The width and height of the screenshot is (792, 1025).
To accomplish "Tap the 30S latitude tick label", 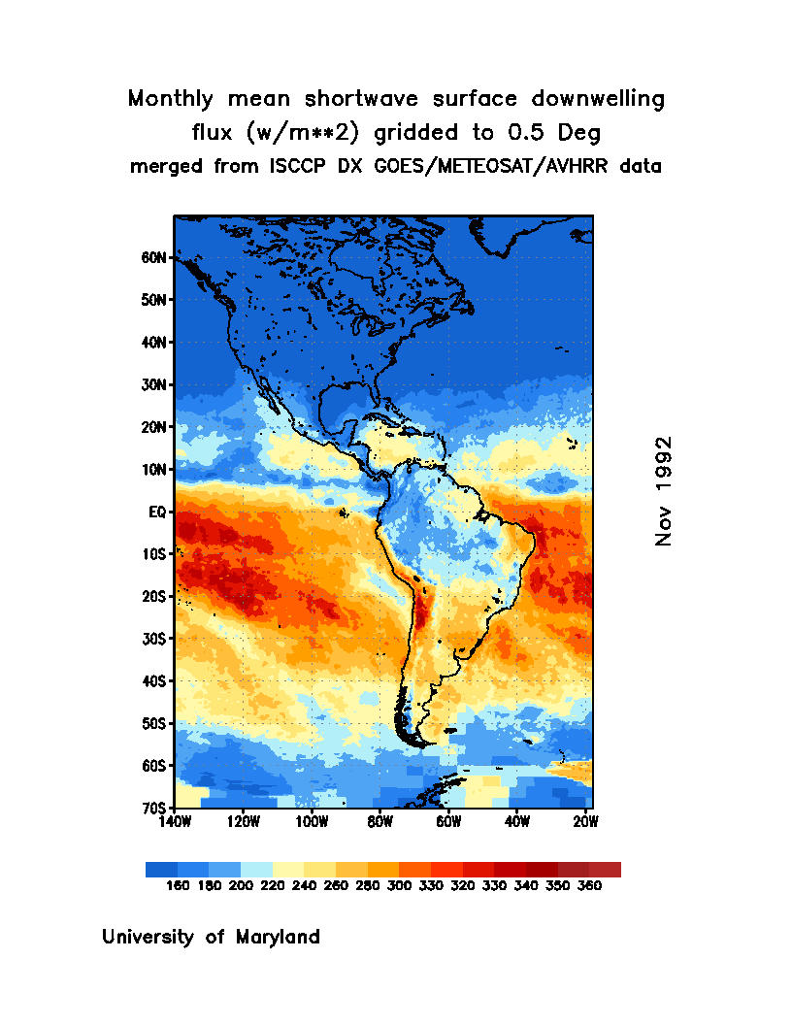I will [x=156, y=639].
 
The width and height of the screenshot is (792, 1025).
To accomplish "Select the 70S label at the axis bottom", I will [x=156, y=808].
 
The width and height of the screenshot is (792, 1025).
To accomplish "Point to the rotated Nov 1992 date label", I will [x=664, y=490].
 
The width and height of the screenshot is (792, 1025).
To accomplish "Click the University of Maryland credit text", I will [x=211, y=938].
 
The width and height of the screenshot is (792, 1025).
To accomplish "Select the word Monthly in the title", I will [x=172, y=99].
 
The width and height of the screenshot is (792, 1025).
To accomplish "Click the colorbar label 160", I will [x=178, y=885].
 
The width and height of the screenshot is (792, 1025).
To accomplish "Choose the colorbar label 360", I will [x=589, y=885].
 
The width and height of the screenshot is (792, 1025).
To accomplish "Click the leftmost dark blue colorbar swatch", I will [x=161, y=869].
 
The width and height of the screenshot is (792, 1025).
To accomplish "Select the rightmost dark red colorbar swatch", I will [x=605, y=869].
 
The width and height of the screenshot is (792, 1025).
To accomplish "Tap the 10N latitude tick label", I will [x=156, y=470].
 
